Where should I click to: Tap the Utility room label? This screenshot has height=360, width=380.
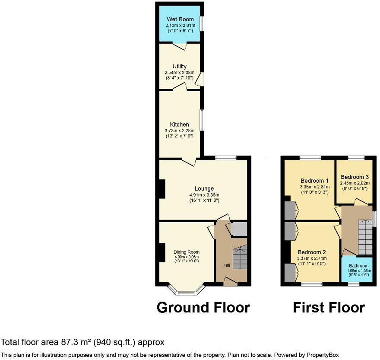coord(180,67)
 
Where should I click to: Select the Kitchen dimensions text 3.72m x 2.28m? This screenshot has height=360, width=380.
coord(180,131)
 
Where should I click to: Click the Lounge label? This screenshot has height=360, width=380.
coord(204,188)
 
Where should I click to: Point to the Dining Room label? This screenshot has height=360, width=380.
coord(187,252)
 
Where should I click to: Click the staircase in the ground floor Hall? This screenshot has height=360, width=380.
coord(240,258)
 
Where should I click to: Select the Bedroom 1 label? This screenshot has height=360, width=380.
coord(314,181)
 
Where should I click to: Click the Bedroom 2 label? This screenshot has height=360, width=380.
coord(311,252)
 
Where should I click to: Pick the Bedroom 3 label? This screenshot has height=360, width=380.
coord(355,177)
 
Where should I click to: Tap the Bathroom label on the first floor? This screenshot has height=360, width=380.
coord(359,266)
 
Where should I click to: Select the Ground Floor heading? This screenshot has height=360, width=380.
coord(203,308)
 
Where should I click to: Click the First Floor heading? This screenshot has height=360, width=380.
coord(329,308)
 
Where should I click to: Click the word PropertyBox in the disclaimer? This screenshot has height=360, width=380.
coord(323,355)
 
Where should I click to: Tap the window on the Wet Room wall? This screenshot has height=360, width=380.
coord(202,24)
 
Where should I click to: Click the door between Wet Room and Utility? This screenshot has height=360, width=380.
coord(180,45)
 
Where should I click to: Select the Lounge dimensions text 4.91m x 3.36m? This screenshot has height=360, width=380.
coord(204,194)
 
